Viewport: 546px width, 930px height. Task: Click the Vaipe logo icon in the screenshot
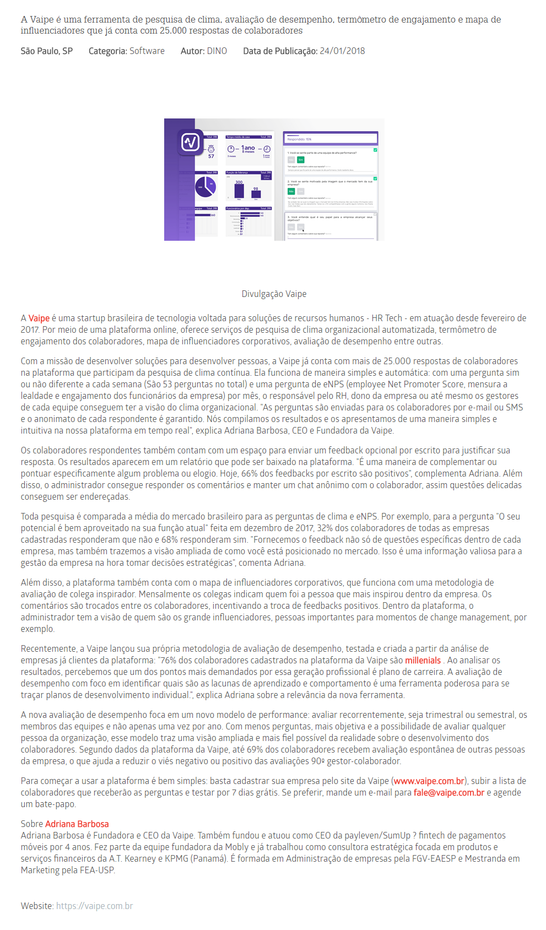[x=191, y=143]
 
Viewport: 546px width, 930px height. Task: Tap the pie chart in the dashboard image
[x=205, y=186]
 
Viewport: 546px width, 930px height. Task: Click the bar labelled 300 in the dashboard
[x=239, y=191]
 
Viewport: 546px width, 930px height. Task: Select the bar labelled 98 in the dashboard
[x=256, y=194]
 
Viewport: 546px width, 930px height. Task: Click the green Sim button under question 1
[x=301, y=160]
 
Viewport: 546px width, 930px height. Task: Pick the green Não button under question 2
[x=291, y=191]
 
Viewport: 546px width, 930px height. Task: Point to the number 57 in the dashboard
[x=211, y=156]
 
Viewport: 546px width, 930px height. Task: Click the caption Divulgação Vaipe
[x=274, y=294]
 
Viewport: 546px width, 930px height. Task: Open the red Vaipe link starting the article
[x=39, y=318]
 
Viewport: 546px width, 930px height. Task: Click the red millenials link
[x=423, y=661]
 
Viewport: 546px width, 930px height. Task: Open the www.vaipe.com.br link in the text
[x=429, y=781]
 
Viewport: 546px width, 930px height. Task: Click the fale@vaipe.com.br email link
[x=448, y=793]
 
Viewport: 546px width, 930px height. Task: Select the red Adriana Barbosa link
[x=77, y=824]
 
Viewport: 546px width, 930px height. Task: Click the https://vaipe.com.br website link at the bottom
[x=95, y=906]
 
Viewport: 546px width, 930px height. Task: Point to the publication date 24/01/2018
[x=342, y=51]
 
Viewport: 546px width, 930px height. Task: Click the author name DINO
[x=217, y=51]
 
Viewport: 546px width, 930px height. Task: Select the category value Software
[x=147, y=51]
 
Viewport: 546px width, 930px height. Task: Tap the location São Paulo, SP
[x=47, y=51]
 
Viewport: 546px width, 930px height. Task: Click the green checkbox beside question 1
[x=375, y=150]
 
